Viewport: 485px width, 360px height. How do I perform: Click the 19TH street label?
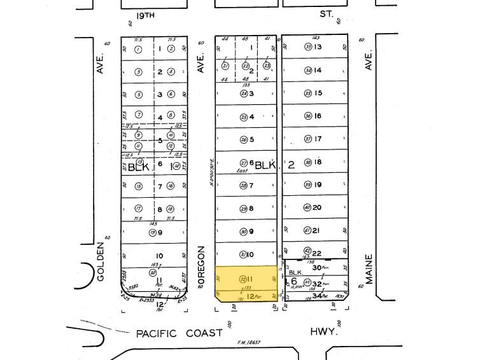coord(146,13)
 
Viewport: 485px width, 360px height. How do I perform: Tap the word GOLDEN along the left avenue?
coord(101,261)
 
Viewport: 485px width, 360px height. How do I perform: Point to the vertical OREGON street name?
coord(200,265)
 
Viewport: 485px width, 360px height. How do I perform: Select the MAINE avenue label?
coord(369,269)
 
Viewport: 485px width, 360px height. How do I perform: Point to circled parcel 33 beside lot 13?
coord(308,46)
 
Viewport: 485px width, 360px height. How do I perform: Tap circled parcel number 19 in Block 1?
coord(153,232)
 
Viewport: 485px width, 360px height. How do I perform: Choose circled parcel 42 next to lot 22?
coord(307,251)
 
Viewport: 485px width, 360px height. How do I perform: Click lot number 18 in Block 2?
coord(318,162)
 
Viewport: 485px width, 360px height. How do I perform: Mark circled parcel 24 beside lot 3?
coord(243,93)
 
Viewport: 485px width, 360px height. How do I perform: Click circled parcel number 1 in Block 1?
coord(138,48)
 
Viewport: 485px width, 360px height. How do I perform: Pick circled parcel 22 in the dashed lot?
coord(246,66)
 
